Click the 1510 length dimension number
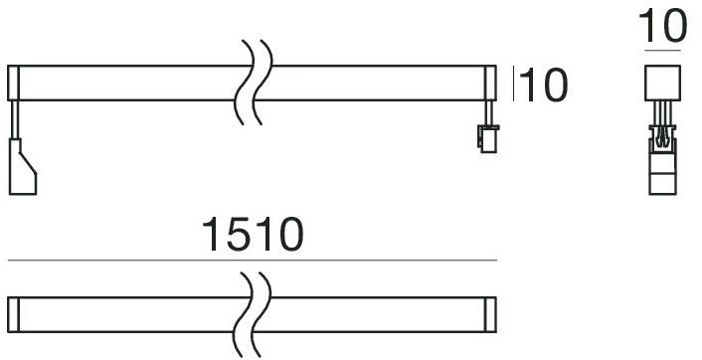pos(252,235)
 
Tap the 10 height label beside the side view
pos(543,87)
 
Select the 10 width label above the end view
pos(662,24)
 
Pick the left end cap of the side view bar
pos(13,83)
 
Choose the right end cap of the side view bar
pos(490,83)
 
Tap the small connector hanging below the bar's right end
pos(486,138)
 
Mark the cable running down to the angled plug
pos(14,119)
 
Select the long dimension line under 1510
pos(252,261)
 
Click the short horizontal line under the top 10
pos(662,49)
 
